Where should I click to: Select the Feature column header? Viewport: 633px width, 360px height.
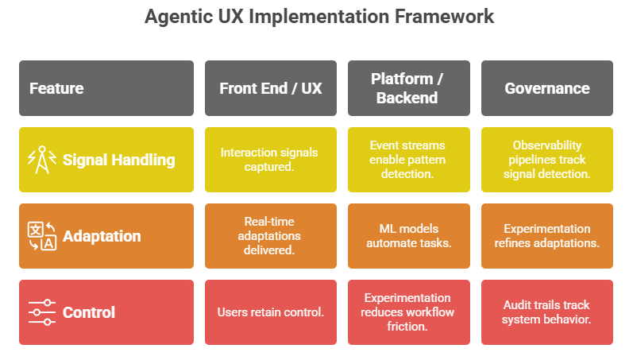[x=56, y=88]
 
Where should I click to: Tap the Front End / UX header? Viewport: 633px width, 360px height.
[x=271, y=88]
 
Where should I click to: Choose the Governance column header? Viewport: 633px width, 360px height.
[x=546, y=88]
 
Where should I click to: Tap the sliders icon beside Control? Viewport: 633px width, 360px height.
[x=41, y=312]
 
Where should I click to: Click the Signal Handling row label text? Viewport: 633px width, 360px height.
[x=118, y=160]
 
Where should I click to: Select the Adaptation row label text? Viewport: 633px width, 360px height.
[x=102, y=236]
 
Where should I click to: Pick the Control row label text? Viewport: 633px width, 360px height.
[x=89, y=312]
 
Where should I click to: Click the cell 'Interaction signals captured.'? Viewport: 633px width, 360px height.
[x=271, y=160]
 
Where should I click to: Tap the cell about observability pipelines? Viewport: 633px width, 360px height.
[x=546, y=160]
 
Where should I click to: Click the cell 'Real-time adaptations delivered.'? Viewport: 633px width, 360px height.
[x=271, y=236]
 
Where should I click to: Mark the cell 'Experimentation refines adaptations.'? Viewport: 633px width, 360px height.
[x=546, y=236]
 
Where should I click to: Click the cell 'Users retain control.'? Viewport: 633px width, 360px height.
[x=271, y=312]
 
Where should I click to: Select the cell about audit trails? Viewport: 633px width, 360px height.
[x=546, y=312]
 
